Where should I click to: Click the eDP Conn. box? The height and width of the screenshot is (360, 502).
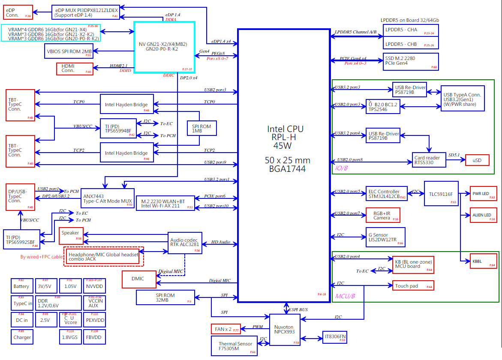18,12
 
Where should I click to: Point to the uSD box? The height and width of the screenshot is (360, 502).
477,160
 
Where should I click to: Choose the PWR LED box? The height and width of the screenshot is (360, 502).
484,194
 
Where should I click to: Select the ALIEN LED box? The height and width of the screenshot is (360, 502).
484,215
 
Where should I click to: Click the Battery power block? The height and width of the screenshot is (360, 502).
21,286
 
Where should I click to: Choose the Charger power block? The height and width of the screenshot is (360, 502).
22,337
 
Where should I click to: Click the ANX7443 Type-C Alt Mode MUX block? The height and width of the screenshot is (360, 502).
108,198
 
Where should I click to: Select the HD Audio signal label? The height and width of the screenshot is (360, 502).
221,242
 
